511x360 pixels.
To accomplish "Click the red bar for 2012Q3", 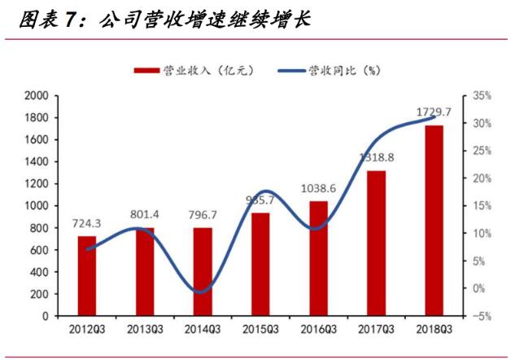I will (87, 276).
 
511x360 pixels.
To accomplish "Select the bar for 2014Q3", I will (203, 272).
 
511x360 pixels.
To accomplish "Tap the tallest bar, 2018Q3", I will (434, 220).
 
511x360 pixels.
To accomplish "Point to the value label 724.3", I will (87, 222).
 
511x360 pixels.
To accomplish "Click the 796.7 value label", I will (203, 214).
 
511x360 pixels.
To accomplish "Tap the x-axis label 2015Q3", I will (260, 329).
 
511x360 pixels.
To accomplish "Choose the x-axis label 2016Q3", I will (318, 329).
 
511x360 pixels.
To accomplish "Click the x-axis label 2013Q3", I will (145, 329).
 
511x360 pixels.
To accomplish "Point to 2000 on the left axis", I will (37, 96).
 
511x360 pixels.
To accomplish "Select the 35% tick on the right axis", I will (482, 96).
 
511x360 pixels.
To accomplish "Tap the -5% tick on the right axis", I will (482, 316).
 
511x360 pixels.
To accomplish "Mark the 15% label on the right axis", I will (482, 206).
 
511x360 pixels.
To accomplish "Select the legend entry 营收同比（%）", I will (334, 71).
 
